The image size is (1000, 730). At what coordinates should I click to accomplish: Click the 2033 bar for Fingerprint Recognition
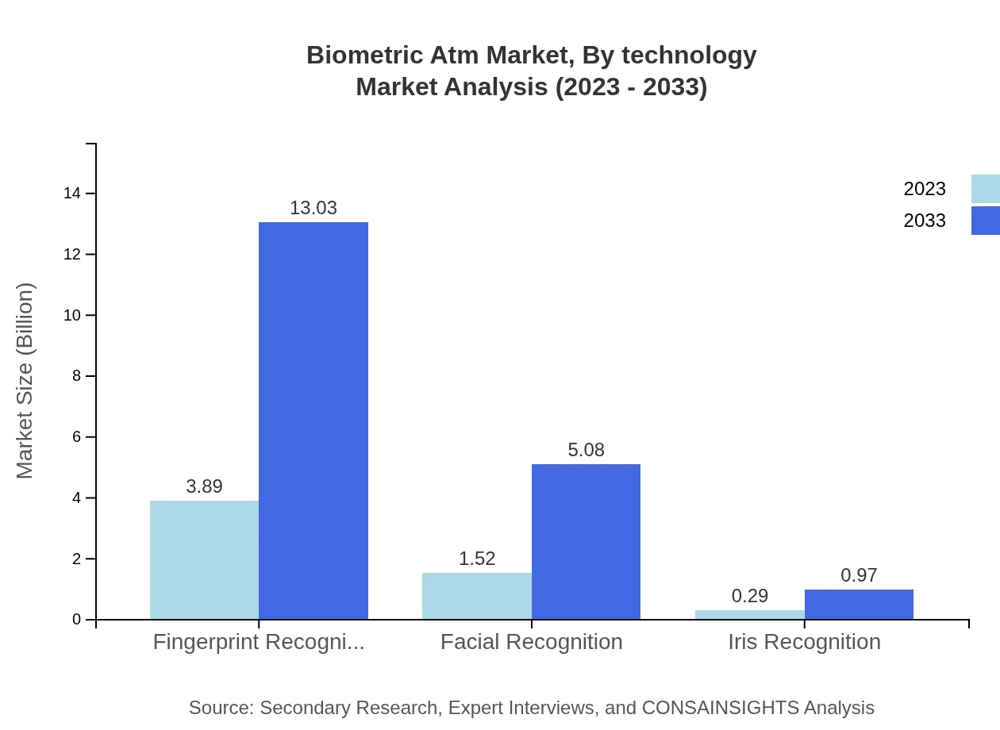[313, 421]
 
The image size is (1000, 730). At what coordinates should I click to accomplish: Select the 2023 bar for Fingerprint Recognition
[204, 560]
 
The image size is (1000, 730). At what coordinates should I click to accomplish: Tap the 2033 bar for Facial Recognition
[586, 542]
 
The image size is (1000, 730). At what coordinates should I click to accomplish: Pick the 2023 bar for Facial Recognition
[476, 596]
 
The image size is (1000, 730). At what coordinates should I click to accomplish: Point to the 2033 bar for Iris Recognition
[859, 605]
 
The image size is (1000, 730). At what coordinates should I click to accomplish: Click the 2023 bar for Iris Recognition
[749, 615]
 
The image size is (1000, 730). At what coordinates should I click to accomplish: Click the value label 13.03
[313, 208]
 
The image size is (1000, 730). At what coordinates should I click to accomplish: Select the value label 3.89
[204, 486]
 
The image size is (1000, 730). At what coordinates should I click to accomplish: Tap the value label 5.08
[586, 450]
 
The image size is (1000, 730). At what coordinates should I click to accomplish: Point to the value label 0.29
[749, 596]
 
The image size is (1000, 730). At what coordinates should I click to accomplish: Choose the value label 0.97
[859, 575]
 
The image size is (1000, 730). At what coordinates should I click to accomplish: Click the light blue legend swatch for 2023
[985, 189]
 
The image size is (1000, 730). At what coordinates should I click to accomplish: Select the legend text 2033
[925, 221]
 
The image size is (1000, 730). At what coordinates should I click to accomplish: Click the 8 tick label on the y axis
[77, 376]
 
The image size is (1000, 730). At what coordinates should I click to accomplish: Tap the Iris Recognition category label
[804, 641]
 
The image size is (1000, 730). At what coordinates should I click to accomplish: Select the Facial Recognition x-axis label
[531, 641]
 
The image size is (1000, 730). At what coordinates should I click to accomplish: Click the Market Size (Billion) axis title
[25, 381]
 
